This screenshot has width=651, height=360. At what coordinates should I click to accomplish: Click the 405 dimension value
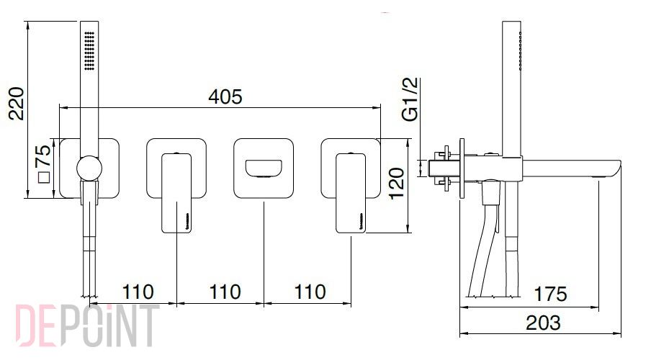[x=225, y=96]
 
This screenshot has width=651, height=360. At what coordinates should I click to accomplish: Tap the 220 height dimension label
[x=17, y=104]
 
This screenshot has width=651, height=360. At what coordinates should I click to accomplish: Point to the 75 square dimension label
[x=43, y=156]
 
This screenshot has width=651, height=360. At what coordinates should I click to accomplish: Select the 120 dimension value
[x=397, y=183]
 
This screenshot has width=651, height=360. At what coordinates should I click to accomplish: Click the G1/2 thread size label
[x=410, y=99]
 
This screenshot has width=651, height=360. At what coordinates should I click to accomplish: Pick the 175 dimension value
[x=550, y=294]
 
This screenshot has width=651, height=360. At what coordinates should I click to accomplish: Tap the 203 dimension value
[x=544, y=323]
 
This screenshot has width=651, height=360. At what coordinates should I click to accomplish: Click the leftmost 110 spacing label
[x=138, y=292]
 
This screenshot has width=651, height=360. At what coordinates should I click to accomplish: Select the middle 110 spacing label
[x=225, y=292]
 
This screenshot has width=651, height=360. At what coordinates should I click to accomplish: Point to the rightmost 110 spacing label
[x=310, y=292]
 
